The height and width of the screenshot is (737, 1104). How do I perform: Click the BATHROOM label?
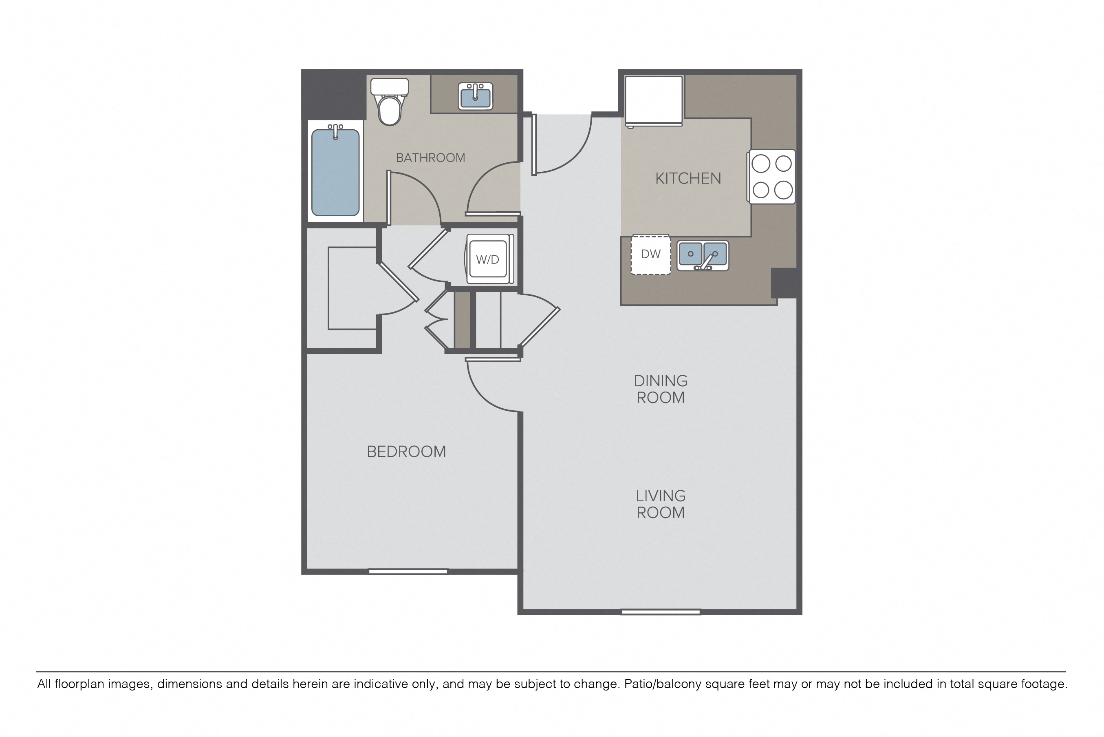tap(430, 158)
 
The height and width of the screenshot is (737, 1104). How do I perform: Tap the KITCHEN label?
tap(688, 179)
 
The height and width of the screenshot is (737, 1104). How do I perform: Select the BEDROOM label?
tap(406, 451)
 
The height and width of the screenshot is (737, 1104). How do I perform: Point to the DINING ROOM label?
tap(661, 389)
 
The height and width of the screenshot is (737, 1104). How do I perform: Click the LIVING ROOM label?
tap(661, 505)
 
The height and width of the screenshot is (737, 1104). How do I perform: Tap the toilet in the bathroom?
tap(389, 102)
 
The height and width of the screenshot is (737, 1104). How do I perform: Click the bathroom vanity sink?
tap(475, 96)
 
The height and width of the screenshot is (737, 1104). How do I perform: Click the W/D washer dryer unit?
tap(488, 259)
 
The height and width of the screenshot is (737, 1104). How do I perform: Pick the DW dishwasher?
tap(650, 254)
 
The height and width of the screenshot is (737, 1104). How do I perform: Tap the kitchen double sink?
tap(703, 256)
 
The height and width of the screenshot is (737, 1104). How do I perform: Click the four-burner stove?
tap(772, 177)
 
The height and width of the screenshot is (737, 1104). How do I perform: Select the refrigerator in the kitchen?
tap(653, 101)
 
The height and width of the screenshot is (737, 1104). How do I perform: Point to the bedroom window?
tap(408, 571)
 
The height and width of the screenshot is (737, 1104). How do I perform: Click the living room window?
tap(661, 612)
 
